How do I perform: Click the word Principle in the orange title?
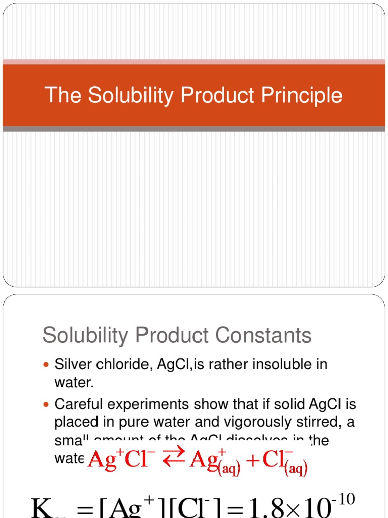[x=303, y=96]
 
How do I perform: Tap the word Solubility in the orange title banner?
[x=120, y=96]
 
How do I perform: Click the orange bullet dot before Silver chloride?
[x=47, y=365]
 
